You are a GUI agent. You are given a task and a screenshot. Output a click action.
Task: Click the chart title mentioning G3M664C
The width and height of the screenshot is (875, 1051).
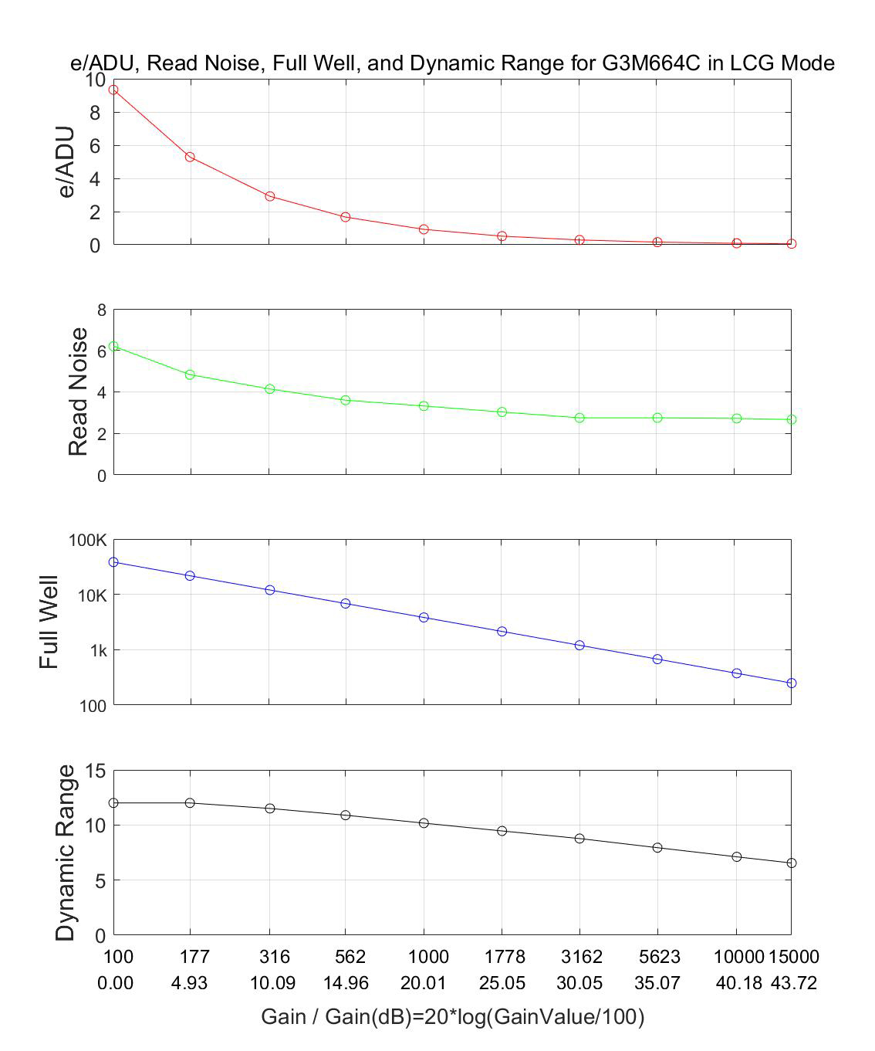point(452,63)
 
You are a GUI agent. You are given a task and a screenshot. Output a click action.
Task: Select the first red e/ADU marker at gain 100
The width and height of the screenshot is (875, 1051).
point(113,90)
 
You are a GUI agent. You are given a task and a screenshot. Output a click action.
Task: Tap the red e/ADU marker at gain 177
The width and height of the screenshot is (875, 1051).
point(190,157)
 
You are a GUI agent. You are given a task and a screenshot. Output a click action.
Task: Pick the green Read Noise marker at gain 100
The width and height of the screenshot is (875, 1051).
point(113,347)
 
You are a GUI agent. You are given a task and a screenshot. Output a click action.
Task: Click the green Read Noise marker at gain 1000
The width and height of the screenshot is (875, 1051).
point(424,406)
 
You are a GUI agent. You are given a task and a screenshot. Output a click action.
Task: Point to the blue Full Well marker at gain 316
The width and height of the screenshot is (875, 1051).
point(270,590)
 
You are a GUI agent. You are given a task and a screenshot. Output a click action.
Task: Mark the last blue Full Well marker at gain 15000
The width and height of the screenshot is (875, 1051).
point(792,683)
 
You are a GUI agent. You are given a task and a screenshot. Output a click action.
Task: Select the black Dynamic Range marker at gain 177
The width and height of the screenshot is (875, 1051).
point(190,803)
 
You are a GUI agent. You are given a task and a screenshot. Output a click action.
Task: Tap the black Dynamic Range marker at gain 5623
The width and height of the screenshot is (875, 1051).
point(657,848)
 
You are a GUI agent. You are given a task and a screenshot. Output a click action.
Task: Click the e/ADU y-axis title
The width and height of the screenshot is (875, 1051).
point(68,161)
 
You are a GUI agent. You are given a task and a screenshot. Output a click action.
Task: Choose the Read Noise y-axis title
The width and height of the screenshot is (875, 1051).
point(78,392)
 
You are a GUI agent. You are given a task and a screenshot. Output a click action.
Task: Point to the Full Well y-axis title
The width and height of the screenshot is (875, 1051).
point(49,622)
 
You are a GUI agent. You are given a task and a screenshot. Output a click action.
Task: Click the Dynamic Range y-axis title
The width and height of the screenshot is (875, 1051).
point(66,853)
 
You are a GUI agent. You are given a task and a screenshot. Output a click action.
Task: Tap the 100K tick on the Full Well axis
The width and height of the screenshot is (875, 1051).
point(88,541)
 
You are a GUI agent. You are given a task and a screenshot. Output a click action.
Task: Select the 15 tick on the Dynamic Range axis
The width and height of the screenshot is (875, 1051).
point(96,771)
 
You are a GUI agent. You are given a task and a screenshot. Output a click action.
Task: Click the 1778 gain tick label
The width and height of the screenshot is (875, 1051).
point(505,958)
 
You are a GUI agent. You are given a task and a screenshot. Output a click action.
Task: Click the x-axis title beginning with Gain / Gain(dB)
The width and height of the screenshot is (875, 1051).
point(452,1017)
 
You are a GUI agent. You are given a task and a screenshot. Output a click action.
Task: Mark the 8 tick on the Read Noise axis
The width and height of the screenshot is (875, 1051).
point(101,310)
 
